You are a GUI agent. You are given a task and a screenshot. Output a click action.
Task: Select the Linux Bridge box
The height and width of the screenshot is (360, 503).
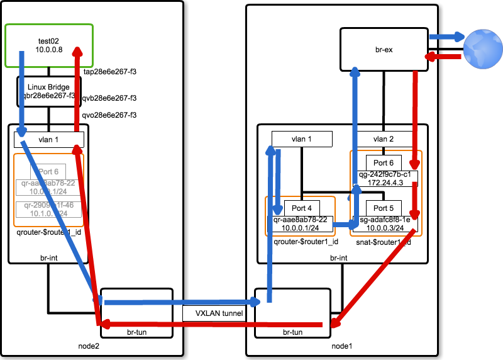(48, 91)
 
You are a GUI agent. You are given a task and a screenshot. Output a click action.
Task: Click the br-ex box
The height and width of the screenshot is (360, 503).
(384, 49)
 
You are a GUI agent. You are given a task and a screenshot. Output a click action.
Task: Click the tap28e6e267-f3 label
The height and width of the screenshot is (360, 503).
(110, 72)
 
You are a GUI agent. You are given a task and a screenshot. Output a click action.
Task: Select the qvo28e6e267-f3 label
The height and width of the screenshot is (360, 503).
(110, 115)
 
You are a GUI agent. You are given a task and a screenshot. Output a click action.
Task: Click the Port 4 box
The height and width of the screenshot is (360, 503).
(302, 208)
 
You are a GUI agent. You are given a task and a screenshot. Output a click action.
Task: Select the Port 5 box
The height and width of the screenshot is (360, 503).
(384, 208)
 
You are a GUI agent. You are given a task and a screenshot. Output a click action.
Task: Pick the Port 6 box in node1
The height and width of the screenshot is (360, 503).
(384, 162)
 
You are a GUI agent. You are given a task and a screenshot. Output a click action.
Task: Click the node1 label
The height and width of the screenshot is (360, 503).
(343, 346)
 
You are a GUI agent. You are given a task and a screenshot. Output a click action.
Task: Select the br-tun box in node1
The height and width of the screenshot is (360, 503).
(292, 313)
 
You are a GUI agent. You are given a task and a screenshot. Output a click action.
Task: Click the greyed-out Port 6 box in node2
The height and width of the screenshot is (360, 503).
(48, 171)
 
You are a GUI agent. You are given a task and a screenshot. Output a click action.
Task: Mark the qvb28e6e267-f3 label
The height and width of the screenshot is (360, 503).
(110, 98)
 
